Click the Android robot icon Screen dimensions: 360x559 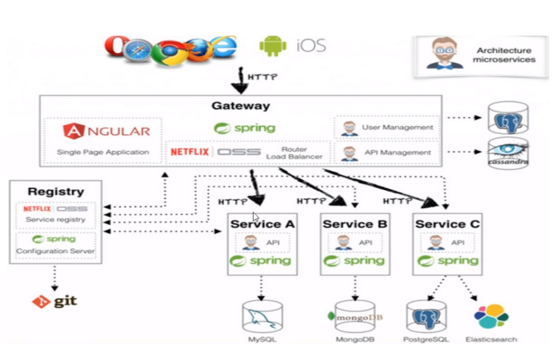[x=273, y=46]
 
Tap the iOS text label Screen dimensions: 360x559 [x=311, y=46]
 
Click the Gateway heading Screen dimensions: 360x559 [x=241, y=106]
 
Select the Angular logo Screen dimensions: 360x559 [x=107, y=131]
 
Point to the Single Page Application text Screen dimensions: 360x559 [x=103, y=152]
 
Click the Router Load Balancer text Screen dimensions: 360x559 [x=294, y=153]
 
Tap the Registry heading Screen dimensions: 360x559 [x=55, y=192]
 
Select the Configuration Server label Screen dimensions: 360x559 [x=55, y=251]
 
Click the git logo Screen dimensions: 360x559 [x=55, y=302]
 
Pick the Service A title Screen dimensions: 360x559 [x=262, y=224]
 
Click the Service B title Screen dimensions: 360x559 [x=355, y=224]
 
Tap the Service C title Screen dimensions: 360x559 [x=447, y=224]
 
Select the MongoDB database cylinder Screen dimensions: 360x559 [x=355, y=317]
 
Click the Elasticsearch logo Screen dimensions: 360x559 [x=491, y=317]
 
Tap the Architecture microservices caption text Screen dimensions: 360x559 [x=504, y=55]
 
